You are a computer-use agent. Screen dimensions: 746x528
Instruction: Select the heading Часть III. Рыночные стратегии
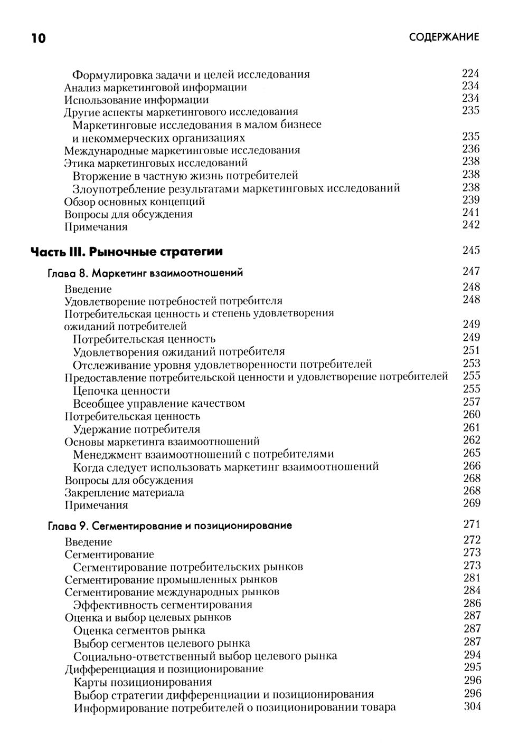point(126,252)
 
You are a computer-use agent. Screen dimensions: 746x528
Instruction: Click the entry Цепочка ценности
point(121,390)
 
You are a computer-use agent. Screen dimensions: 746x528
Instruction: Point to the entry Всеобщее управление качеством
point(159,404)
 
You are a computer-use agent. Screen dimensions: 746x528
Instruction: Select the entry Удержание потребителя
point(137,429)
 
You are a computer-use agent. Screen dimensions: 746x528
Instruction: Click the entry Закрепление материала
point(124,493)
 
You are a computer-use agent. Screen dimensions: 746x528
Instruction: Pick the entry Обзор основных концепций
point(135,202)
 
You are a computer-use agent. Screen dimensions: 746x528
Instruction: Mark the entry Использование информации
point(136,100)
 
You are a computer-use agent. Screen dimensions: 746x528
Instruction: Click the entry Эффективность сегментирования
point(163,605)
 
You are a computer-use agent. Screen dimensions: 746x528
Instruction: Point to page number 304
point(472,706)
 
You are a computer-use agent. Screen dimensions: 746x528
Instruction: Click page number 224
point(470,73)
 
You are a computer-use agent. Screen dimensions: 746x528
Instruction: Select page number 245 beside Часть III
point(471,251)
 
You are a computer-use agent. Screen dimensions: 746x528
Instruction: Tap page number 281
point(472,578)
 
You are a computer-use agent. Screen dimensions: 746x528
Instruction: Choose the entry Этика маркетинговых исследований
point(156,162)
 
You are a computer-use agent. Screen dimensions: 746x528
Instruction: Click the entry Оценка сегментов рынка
point(139,630)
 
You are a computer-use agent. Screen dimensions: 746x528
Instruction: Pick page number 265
point(471,453)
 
